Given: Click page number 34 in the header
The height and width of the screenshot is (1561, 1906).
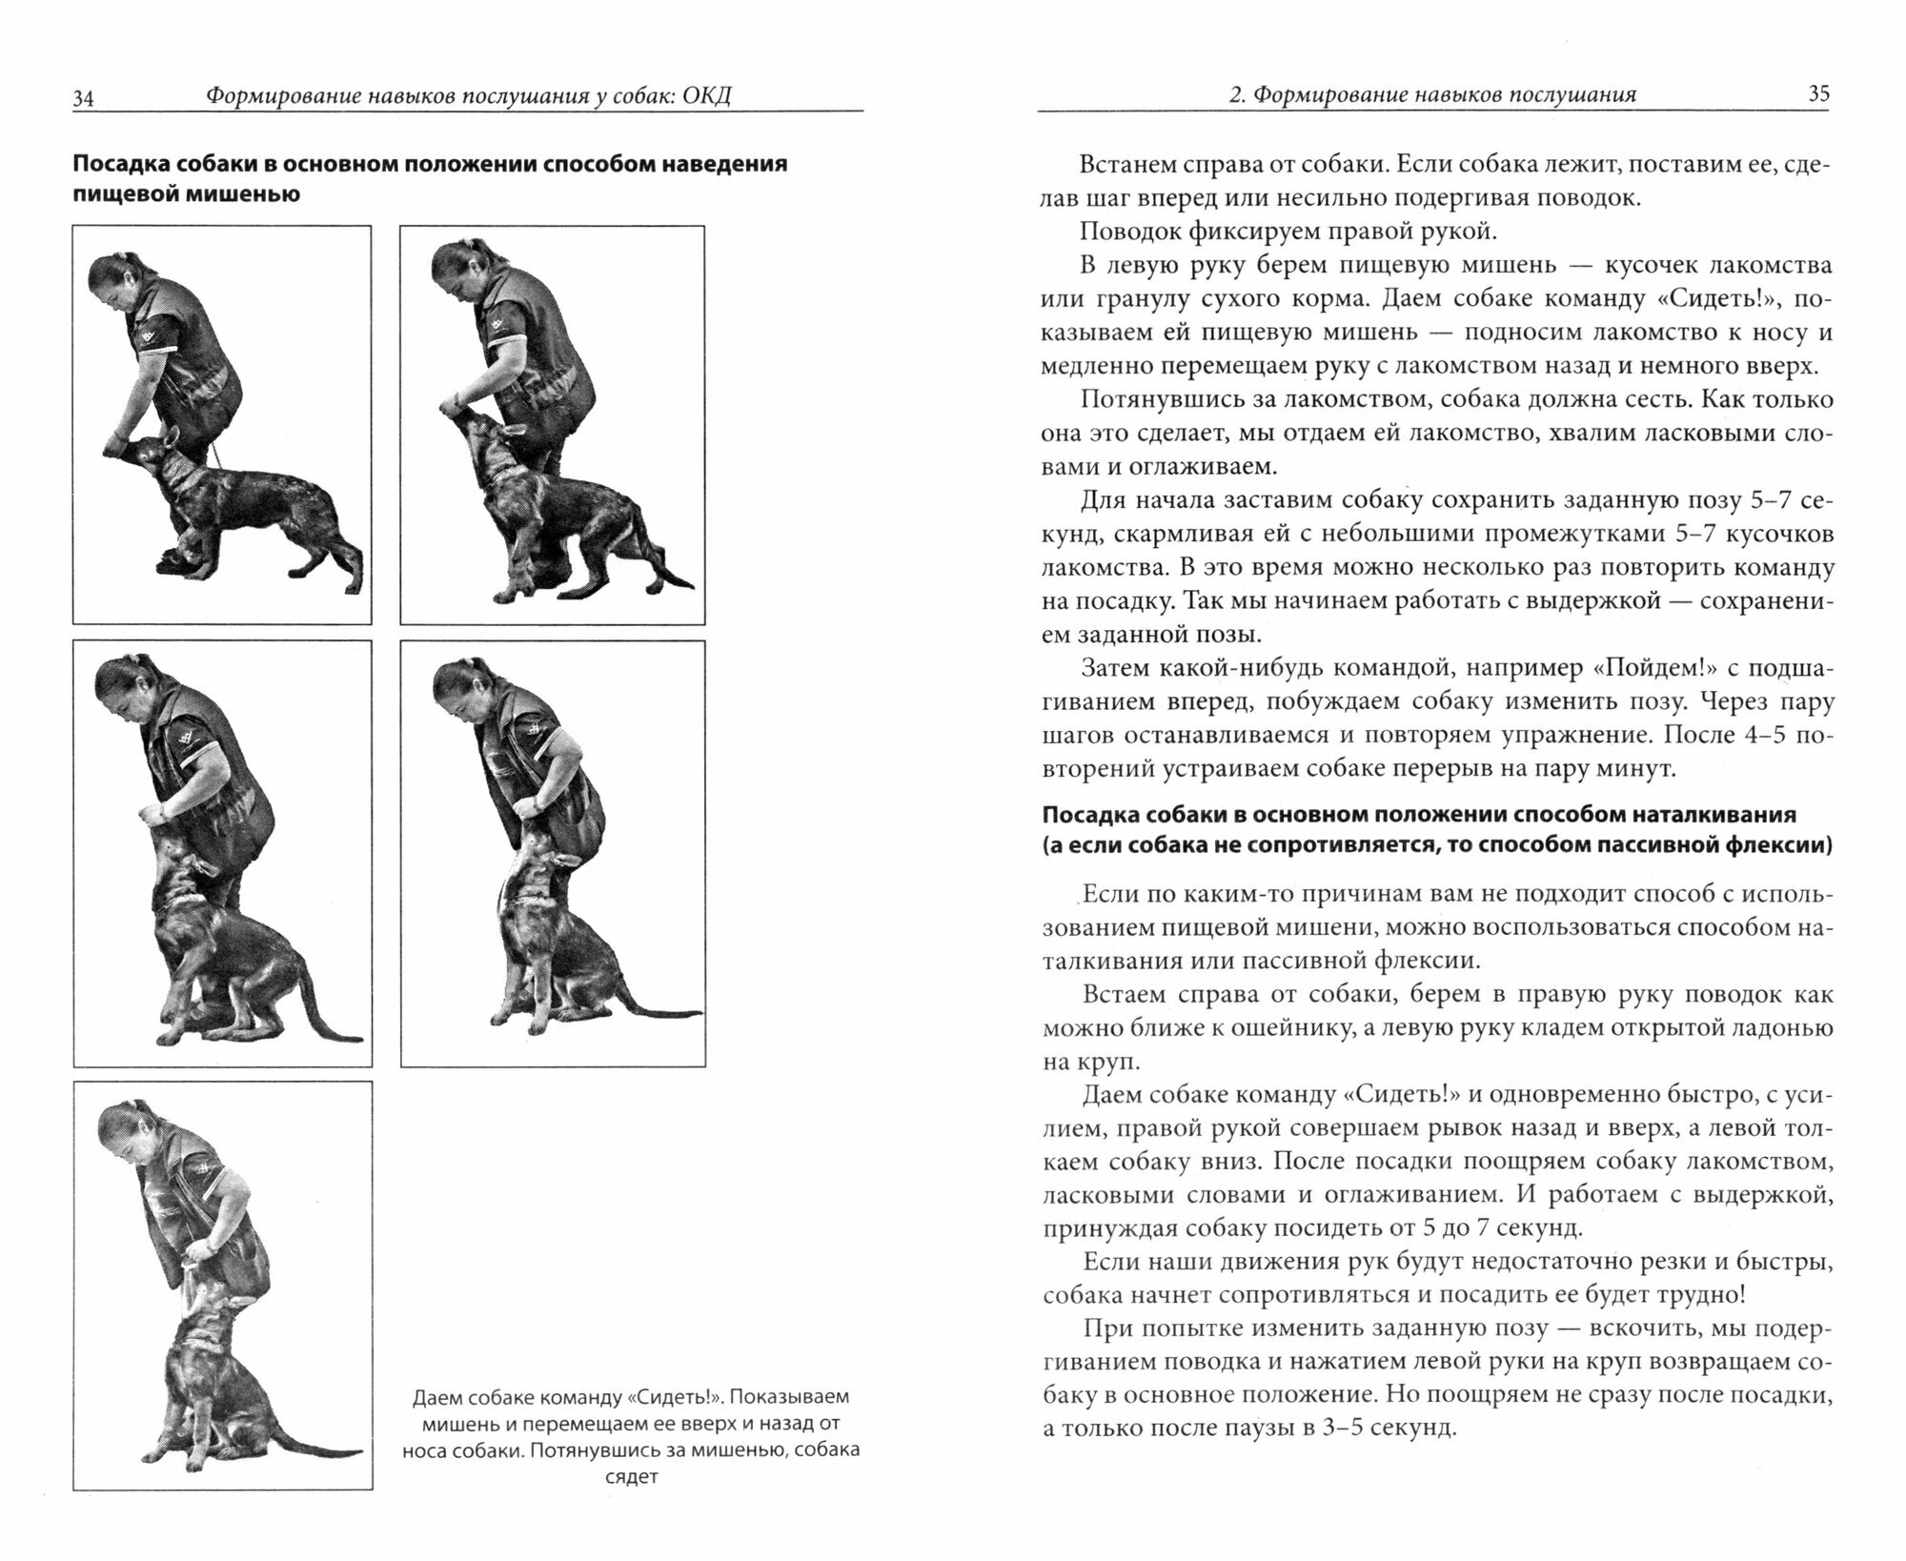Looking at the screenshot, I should point(83,98).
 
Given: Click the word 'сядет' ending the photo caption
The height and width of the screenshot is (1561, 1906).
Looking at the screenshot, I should point(631,1477).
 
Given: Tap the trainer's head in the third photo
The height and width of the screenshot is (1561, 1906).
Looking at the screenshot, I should point(122,684).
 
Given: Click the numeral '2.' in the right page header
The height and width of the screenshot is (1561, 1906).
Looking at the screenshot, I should point(1235,94).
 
